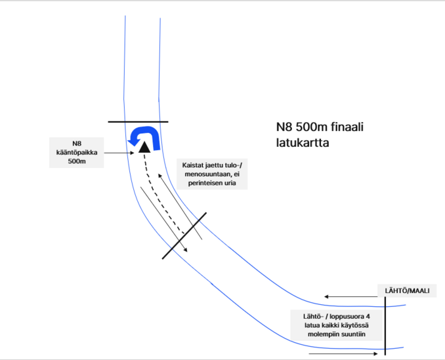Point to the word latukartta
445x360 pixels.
click(x=302, y=142)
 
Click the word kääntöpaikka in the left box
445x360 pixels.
click(x=77, y=152)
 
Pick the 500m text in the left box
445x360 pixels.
click(x=77, y=161)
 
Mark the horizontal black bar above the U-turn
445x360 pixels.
click(x=138, y=122)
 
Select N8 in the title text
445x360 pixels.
click(x=284, y=127)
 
